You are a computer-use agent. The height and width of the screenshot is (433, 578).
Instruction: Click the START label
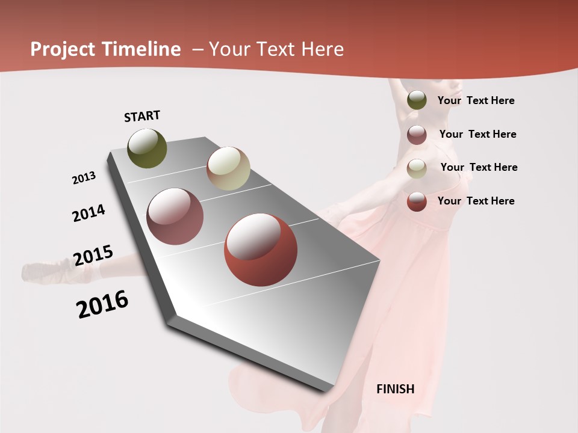click(x=142, y=116)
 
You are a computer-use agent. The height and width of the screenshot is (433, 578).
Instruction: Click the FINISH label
click(x=395, y=389)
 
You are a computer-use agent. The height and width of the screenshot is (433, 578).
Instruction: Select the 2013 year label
click(x=84, y=178)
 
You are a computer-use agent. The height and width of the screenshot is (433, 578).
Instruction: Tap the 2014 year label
click(x=89, y=213)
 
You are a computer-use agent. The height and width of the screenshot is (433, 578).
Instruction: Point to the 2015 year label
click(x=93, y=256)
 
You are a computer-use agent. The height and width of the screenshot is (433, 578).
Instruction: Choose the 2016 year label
click(x=102, y=304)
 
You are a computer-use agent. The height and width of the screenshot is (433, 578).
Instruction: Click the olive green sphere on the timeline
click(x=147, y=148)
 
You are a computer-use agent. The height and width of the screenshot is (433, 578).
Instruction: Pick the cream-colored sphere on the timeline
click(x=228, y=168)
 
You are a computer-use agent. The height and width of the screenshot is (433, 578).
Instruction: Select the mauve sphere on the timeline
click(x=175, y=216)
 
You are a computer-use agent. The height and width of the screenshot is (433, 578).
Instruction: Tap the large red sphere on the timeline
click(x=260, y=250)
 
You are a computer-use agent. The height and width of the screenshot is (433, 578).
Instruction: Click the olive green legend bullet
click(x=417, y=100)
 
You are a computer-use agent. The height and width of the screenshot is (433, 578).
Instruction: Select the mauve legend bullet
click(x=417, y=135)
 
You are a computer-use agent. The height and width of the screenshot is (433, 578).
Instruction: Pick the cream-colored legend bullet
click(x=417, y=168)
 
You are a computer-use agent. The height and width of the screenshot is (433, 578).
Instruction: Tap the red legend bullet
click(x=417, y=201)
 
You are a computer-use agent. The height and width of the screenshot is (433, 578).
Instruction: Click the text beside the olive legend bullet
click(x=476, y=100)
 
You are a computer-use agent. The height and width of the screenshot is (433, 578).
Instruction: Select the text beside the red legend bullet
click(x=476, y=201)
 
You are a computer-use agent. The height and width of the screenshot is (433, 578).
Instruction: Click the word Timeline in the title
click(x=142, y=49)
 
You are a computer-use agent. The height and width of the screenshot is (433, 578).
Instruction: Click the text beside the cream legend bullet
click(x=479, y=167)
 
